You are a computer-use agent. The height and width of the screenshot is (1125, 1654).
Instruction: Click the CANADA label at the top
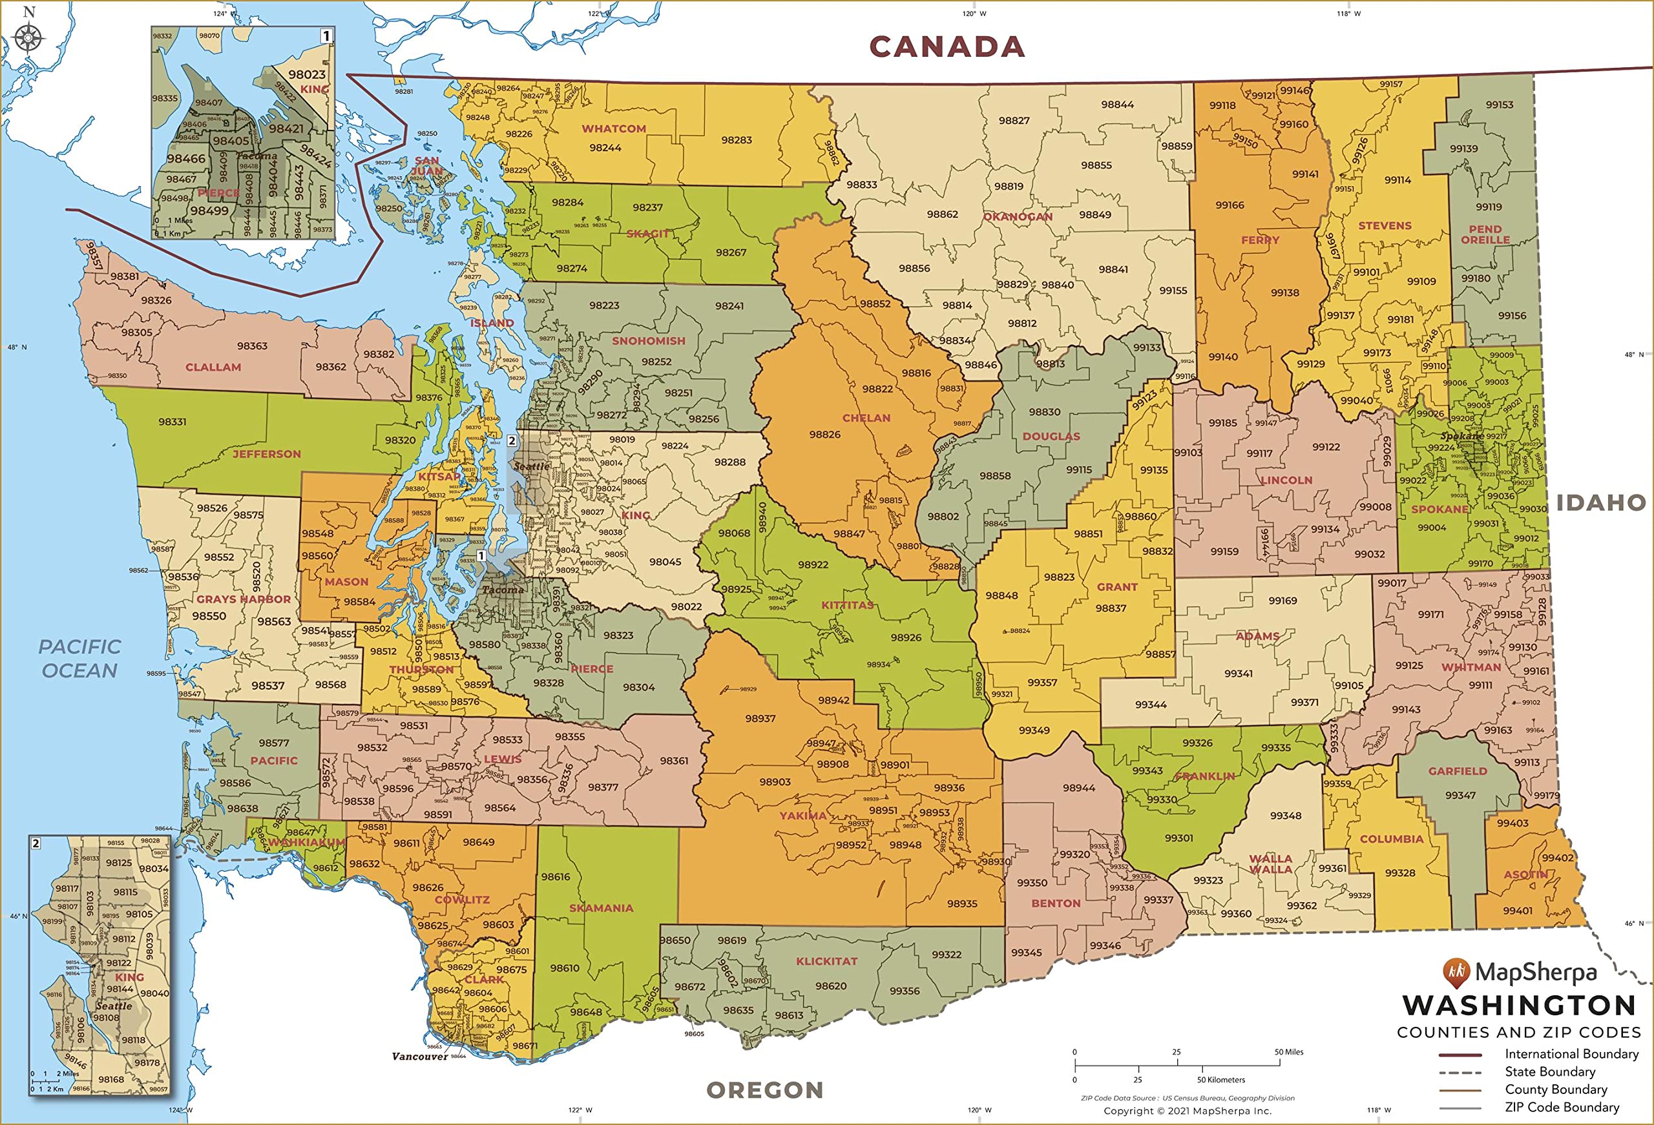[947, 47]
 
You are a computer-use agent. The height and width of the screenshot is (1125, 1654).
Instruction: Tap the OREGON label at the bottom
[764, 1089]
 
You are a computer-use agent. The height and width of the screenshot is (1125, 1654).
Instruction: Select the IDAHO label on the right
[1600, 502]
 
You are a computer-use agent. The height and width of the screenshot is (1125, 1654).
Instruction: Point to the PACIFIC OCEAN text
[79, 658]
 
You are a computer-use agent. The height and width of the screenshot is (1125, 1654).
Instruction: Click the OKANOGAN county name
[1017, 216]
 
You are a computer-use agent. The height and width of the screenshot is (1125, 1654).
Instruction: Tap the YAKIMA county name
[803, 816]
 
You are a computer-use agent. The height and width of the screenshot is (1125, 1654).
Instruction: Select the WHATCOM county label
[614, 129]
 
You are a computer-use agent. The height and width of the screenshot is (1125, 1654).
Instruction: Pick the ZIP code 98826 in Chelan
[824, 434]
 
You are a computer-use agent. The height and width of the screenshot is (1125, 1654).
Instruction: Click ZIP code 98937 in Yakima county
[760, 718]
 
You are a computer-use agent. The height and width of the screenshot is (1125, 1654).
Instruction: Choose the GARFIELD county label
[1457, 770]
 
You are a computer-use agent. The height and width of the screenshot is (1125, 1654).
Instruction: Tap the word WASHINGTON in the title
[1519, 1006]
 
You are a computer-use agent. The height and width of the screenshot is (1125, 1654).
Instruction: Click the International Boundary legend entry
[1571, 1053]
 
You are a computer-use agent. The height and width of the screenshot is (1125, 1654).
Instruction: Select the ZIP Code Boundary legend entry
[1562, 1106]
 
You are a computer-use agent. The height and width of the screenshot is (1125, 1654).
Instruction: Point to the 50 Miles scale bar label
[1289, 1052]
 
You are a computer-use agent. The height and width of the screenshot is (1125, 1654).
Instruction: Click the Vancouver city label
[420, 1056]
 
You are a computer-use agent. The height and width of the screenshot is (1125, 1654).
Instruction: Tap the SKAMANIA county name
[601, 908]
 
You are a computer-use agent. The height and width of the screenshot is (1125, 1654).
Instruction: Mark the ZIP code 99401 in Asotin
[1518, 910]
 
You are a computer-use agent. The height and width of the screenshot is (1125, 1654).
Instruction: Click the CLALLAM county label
[213, 367]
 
